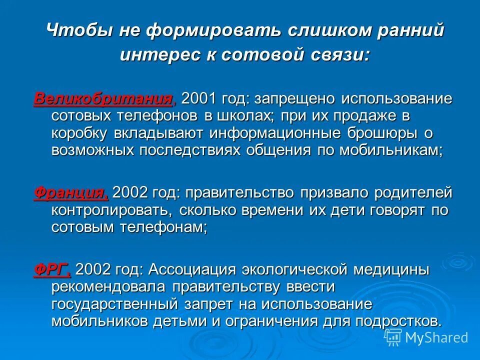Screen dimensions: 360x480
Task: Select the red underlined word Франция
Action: [70, 193]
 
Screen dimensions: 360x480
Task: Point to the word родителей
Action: [408, 193]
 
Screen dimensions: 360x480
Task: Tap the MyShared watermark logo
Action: [428, 338]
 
